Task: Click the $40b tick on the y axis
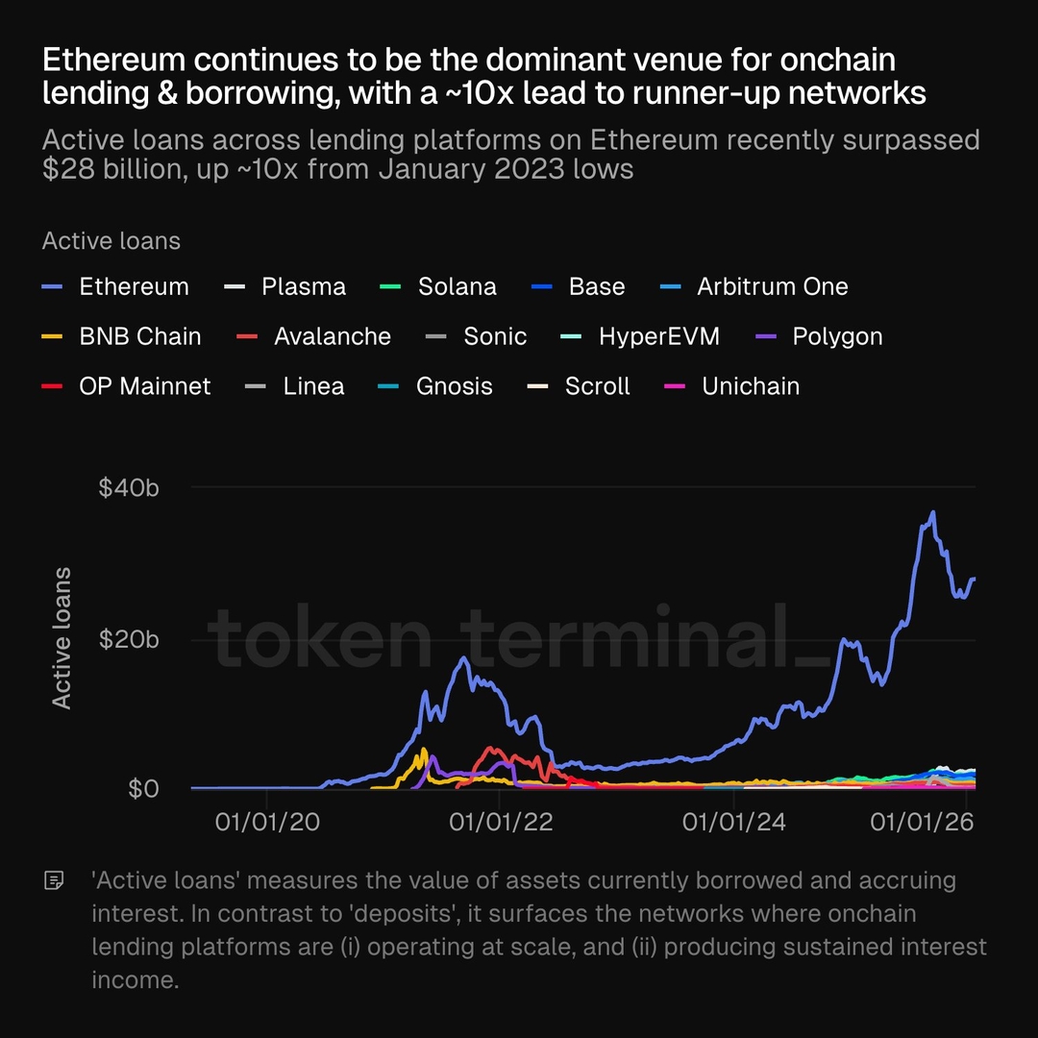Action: click(128, 487)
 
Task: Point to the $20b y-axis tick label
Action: click(128, 639)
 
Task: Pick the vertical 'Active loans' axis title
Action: click(62, 638)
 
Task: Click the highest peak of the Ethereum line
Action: click(932, 512)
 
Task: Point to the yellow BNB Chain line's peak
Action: click(424, 750)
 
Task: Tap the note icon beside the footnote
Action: click(55, 880)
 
